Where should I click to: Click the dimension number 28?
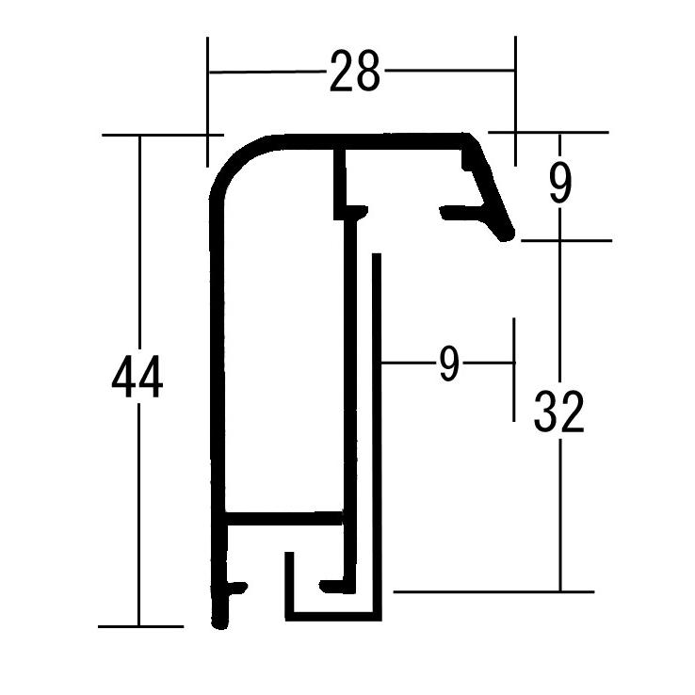pos(355,72)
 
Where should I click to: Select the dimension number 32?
pos(559,412)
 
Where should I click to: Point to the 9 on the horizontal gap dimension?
pos(449,363)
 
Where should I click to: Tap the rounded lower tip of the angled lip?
pos(506,234)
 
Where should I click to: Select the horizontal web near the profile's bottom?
pos(283,519)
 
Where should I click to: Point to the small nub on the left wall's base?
pos(238,588)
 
